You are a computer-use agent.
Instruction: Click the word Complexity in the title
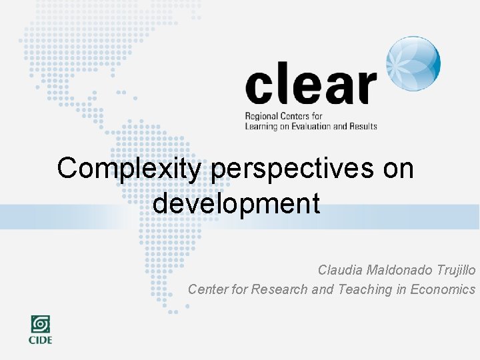(128, 169)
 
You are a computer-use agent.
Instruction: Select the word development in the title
(236, 203)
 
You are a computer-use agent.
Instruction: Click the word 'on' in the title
(398, 169)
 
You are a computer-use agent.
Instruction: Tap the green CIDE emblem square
(40, 325)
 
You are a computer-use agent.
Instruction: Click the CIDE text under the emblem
(40, 340)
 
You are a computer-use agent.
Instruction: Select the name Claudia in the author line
(340, 270)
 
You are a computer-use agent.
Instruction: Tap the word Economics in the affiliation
(443, 289)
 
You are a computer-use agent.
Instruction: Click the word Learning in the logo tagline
(261, 126)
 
